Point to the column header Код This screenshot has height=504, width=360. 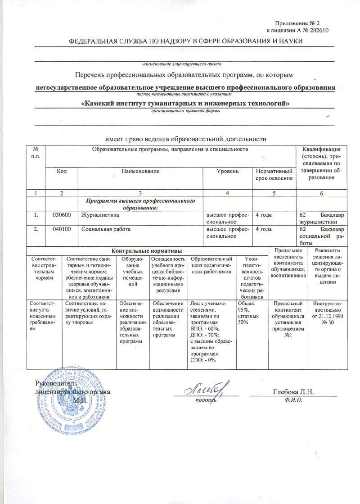[62, 172]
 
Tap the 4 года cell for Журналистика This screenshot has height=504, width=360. [263, 215]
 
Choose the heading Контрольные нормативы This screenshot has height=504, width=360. [147, 250]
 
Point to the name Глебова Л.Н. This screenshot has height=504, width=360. [293, 391]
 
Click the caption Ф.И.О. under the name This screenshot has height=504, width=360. [293, 399]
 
